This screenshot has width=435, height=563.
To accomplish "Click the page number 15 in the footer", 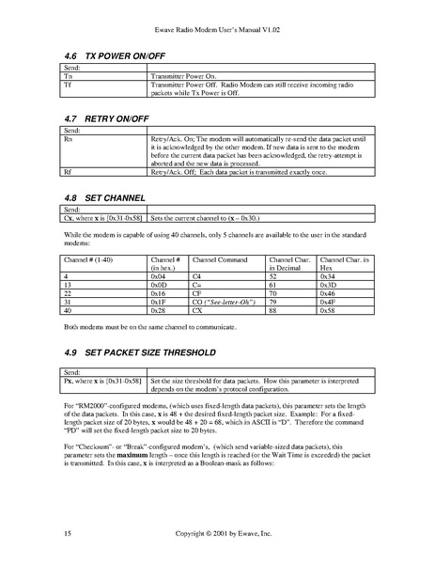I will [x=67, y=534].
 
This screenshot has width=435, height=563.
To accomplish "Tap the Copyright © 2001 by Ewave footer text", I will [x=217, y=534].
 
